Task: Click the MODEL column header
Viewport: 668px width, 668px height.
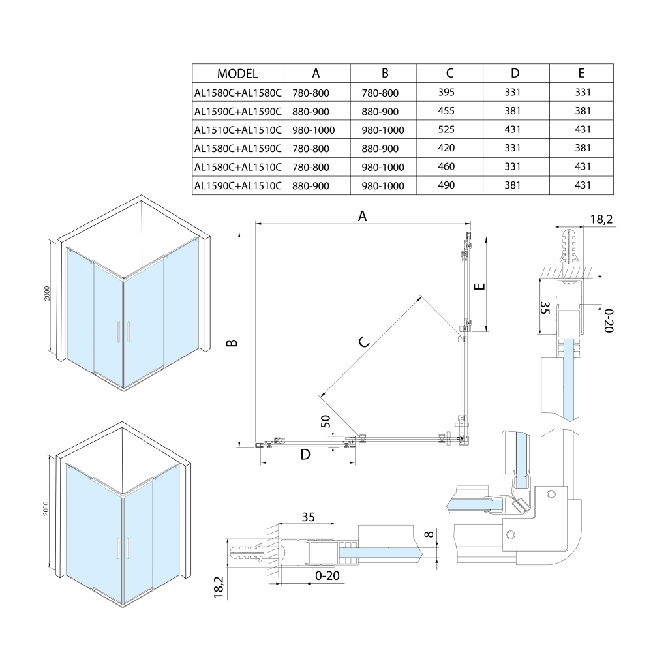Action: tap(237, 74)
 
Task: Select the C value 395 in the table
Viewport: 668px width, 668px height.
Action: tap(446, 93)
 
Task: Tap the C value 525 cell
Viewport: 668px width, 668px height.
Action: tap(446, 130)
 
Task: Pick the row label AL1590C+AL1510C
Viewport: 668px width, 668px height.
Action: tap(237, 186)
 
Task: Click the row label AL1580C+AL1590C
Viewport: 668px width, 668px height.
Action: tap(237, 148)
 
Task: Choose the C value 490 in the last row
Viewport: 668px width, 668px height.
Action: tap(446, 186)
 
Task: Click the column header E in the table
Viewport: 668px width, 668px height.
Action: tap(581, 74)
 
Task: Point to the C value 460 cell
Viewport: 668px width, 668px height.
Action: tap(446, 167)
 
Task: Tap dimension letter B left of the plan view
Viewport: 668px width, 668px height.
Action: tap(231, 343)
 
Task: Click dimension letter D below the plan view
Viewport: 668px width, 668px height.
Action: tap(305, 455)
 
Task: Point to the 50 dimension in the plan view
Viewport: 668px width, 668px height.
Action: tap(326, 421)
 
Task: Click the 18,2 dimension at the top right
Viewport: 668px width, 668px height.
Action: tap(601, 220)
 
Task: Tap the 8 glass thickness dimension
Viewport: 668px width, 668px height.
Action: tap(428, 535)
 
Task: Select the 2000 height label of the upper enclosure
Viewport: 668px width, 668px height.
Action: tap(47, 294)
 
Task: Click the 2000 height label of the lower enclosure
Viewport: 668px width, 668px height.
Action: tap(46, 509)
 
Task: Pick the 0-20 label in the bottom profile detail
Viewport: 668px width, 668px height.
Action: tap(327, 576)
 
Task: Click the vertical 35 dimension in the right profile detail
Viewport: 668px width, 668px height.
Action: tap(546, 309)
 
